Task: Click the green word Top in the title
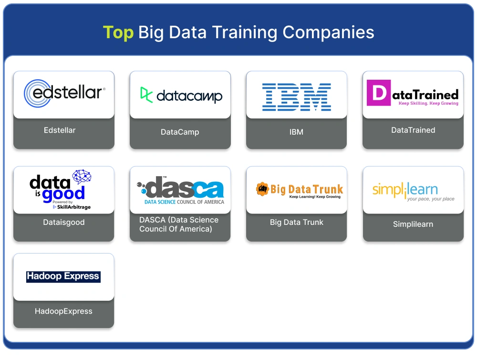pos(118,32)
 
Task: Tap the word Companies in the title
pos(328,32)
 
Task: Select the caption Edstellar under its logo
pos(60,130)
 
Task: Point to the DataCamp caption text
pos(180,132)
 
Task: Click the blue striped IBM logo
pos(296,97)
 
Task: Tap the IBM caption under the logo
pos(296,132)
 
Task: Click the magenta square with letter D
pos(379,93)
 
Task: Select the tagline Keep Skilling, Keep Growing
pos(428,103)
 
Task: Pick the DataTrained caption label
pos(413,130)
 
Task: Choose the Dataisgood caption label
pos(63,222)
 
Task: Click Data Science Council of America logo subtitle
pos(184,202)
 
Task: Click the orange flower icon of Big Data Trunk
pos(262,189)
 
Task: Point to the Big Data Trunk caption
pos(297,222)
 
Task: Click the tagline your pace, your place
pos(431,199)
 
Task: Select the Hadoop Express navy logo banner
pos(63,276)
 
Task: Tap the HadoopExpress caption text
pos(63,311)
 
